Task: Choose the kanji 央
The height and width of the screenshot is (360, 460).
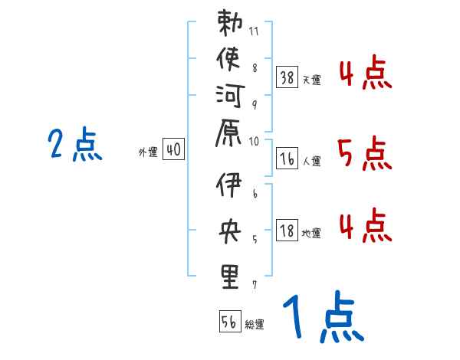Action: [x=230, y=232]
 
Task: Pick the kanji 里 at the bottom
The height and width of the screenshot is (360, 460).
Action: [x=230, y=275]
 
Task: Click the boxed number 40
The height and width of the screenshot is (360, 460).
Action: [x=173, y=150]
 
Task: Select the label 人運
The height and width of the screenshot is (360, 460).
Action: [x=312, y=162]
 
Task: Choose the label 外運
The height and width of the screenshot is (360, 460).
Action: [x=148, y=152]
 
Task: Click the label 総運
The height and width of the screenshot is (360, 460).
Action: [x=255, y=325]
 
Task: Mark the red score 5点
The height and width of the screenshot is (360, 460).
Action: [x=364, y=155]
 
